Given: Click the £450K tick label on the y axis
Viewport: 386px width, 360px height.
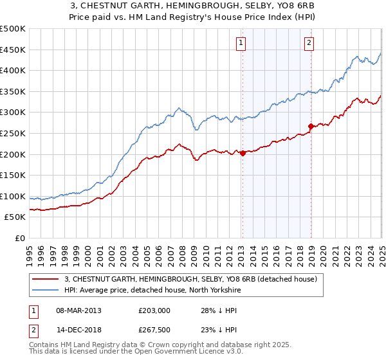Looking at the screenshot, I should pos(12,50).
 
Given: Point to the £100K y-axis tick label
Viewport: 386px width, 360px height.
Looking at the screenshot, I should pos(12,196).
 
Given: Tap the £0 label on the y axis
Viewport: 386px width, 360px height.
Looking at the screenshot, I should pos(19,238).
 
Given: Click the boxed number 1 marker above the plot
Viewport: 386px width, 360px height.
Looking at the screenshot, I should pos(241,43).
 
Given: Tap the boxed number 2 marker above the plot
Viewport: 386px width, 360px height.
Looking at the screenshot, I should pos(309,43).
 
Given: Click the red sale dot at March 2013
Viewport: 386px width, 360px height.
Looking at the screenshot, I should pos(243,153).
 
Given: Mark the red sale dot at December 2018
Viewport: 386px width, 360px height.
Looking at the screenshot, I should pos(311,126).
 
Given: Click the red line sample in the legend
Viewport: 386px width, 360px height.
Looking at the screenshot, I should pos(46,280).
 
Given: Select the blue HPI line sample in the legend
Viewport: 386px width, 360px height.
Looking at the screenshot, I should pos(46,290).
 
